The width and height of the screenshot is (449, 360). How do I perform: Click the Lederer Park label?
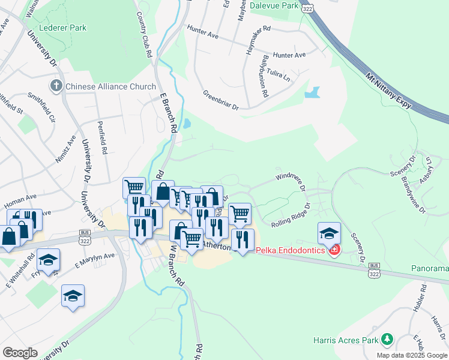[62, 28]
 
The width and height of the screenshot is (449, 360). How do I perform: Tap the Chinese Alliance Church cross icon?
[57, 86]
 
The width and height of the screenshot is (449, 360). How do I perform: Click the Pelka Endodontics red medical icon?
[334, 250]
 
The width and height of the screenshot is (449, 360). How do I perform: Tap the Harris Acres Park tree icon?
[387, 340]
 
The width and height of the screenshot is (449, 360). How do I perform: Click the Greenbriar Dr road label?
[221, 101]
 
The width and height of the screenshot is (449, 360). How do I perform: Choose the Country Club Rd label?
[144, 34]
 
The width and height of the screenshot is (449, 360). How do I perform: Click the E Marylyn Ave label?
[94, 259]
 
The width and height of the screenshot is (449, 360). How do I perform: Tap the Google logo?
[20, 353]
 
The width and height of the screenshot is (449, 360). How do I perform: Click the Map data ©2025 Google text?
[411, 355]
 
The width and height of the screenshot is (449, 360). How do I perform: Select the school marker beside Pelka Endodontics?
[329, 233]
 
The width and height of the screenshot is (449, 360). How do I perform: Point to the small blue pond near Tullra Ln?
[312, 93]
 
